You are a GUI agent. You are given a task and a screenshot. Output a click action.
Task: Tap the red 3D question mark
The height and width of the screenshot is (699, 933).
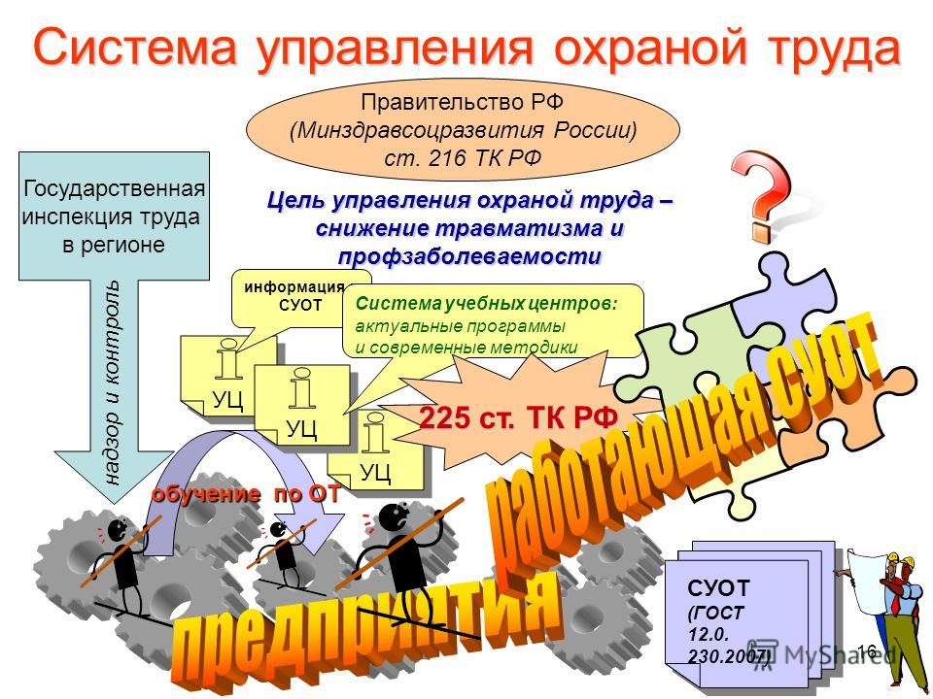762,194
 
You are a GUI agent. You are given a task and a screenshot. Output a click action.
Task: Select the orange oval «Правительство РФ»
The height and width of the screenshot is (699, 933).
463,129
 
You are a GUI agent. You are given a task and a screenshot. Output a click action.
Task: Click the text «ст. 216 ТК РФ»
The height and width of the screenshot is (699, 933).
463,158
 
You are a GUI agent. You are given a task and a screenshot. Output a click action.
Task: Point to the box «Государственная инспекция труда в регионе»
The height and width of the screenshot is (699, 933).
115,216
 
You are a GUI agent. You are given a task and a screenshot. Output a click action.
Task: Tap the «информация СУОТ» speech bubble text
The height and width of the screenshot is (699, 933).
295,296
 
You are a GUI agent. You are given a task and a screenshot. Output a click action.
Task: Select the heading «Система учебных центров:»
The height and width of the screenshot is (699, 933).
487,304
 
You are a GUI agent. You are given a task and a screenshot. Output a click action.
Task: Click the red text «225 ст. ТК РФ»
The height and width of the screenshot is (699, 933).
518,417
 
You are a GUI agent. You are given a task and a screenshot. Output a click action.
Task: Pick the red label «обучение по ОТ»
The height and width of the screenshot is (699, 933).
246,494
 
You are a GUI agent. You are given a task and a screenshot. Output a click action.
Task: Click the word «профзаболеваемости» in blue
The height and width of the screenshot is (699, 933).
469,256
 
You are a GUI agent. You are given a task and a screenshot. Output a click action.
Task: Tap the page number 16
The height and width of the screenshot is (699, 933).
868,650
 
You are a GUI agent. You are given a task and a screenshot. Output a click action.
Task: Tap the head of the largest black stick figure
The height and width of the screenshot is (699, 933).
394,517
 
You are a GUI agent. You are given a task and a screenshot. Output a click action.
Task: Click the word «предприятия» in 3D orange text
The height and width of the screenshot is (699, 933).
367,630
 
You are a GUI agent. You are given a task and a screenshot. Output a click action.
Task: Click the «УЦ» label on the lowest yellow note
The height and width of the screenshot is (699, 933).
375,473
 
